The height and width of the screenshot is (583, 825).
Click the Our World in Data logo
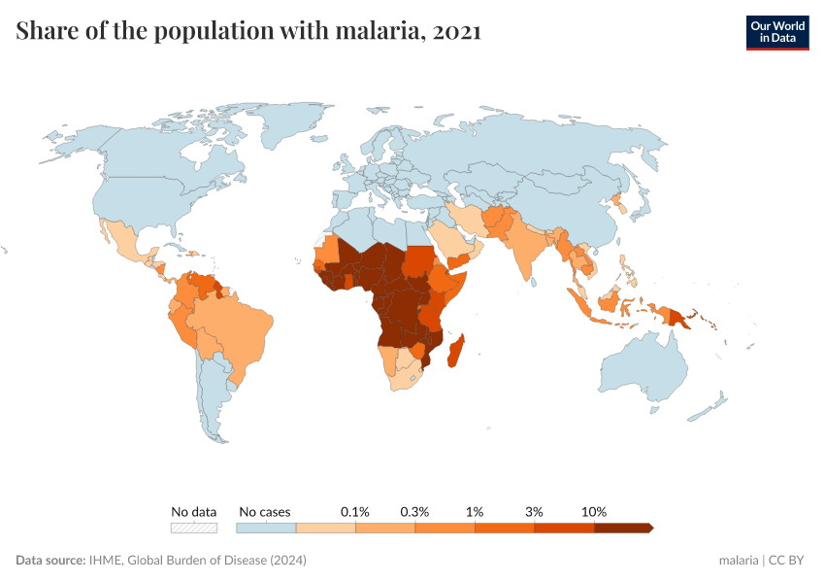776,31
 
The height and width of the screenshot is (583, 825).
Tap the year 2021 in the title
457,31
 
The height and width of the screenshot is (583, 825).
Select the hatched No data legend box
193,528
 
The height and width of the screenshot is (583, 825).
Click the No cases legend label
264,511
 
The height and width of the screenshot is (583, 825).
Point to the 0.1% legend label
355,511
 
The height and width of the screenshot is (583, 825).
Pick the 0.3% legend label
414,511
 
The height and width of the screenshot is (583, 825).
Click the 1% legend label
475,511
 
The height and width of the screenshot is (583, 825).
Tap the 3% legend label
534,511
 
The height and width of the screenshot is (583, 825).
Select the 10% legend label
594,511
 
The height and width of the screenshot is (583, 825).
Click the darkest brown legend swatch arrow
624,528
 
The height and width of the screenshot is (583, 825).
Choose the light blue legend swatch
266,528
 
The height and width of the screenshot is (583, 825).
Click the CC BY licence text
787,561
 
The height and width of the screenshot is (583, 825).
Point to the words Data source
49,561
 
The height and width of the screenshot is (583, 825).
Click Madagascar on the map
453,351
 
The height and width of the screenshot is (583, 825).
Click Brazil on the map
233,326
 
